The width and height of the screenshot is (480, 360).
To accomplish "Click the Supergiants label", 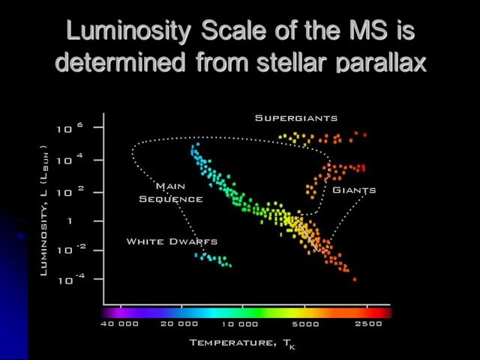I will click(x=296, y=118).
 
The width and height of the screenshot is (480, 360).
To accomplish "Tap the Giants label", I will click(x=353, y=190).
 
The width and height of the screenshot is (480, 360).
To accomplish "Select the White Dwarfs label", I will click(x=172, y=241).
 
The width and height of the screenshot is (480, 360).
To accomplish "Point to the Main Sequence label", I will click(x=171, y=192).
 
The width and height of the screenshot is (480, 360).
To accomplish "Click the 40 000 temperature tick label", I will click(x=119, y=324).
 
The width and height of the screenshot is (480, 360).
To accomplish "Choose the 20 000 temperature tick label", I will click(x=179, y=324).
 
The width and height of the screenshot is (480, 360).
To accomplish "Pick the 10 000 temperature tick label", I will click(x=240, y=324).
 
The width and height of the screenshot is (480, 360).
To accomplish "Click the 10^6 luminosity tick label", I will click(x=66, y=128).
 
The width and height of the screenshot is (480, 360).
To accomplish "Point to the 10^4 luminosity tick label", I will click(x=66, y=160).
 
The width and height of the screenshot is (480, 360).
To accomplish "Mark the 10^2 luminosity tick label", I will click(x=66, y=191).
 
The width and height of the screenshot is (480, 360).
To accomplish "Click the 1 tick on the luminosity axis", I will click(x=69, y=221).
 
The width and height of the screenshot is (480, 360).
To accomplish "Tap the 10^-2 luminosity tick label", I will click(x=66, y=250).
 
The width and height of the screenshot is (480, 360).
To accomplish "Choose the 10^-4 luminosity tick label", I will click(x=66, y=280).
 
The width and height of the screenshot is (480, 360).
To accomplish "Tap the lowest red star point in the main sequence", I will click(x=355, y=279).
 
